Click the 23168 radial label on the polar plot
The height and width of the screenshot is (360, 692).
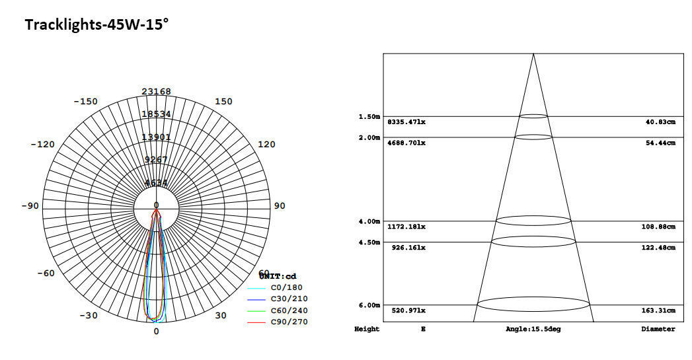pyautogui.click(x=156, y=92)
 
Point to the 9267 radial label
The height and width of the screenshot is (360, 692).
pyautogui.click(x=156, y=160)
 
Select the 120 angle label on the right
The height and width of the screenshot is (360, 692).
pyautogui.click(x=266, y=145)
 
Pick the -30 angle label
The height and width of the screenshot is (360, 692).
pyautogui.click(x=89, y=316)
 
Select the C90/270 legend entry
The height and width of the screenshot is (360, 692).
pyautogui.click(x=288, y=322)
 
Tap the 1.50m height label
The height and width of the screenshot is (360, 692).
pyautogui.click(x=369, y=117)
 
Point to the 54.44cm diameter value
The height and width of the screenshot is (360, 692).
pyautogui.click(x=660, y=143)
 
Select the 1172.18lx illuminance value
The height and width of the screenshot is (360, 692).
pyautogui.click(x=406, y=227)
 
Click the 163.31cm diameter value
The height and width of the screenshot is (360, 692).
pyautogui.click(x=660, y=310)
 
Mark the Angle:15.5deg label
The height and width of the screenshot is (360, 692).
pyautogui.click(x=533, y=329)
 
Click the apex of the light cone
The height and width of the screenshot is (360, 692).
pyautogui.click(x=533, y=54)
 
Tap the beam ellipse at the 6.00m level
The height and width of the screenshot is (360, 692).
pyautogui.click(x=533, y=305)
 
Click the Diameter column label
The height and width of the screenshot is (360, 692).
pyautogui.click(x=658, y=329)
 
